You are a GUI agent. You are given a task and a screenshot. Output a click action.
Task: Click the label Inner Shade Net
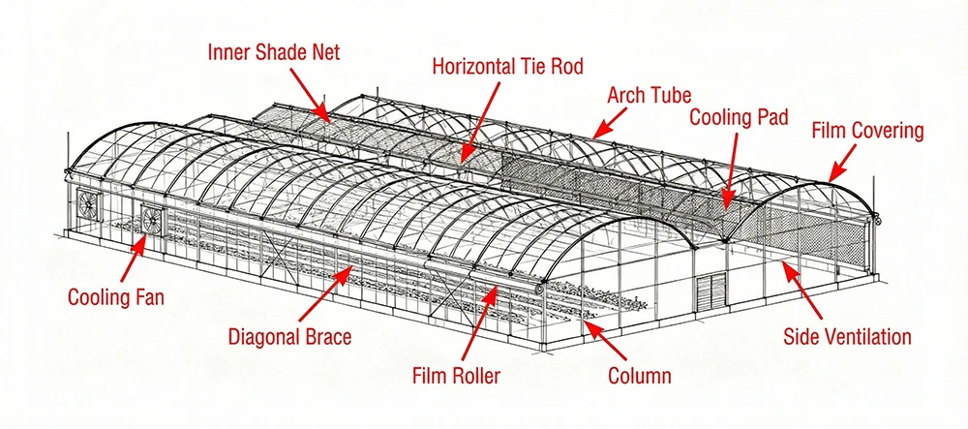[x=274, y=52]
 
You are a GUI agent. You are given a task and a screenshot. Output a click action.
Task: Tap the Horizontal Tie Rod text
[x=507, y=66]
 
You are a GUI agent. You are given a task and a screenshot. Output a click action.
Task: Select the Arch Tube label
[x=649, y=95]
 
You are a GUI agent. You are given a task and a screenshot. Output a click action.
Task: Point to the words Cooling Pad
[x=739, y=116]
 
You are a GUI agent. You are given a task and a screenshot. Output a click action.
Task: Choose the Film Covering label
[x=867, y=131]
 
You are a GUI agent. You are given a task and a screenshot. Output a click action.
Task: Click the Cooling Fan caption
[x=116, y=297]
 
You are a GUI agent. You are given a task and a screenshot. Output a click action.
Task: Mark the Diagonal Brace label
[x=289, y=337]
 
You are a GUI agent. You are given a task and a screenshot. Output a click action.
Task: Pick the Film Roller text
[x=456, y=376]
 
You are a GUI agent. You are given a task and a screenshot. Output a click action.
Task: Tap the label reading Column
[x=640, y=376]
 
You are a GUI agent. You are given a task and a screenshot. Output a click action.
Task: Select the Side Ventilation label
[x=847, y=336]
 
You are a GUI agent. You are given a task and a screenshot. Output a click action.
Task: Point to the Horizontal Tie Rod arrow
[x=481, y=122]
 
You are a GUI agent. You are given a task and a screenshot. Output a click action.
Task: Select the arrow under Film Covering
[x=842, y=164]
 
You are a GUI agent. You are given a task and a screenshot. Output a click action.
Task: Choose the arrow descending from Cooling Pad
[x=732, y=170]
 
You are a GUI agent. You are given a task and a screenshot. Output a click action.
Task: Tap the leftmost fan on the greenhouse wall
[x=88, y=203]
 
